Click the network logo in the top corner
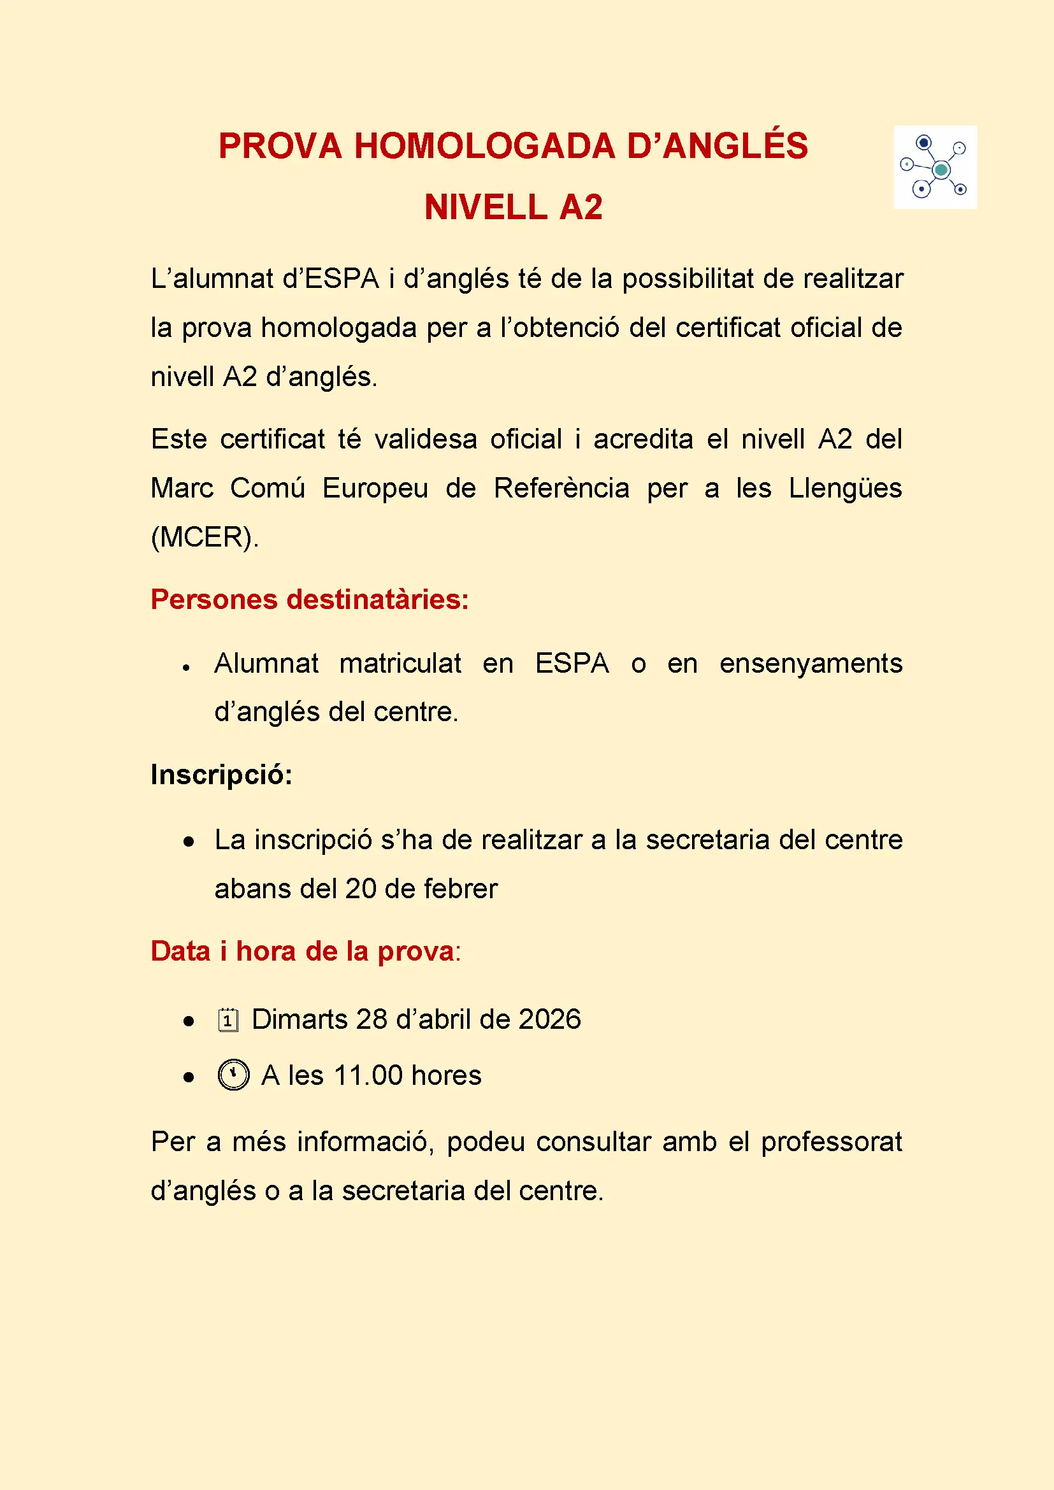[x=935, y=167]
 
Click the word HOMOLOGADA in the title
[x=484, y=146]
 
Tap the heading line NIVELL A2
[x=514, y=208]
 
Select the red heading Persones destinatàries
[x=310, y=599]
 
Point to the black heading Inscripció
[x=221, y=774]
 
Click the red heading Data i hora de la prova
[x=305, y=951]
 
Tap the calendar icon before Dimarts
[x=227, y=1019]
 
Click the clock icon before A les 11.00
[x=234, y=1075]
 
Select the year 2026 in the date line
[x=550, y=1019]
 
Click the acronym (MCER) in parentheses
[x=204, y=538]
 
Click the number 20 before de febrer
[x=361, y=889]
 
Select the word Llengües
[x=845, y=489]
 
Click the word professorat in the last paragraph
[x=832, y=1142]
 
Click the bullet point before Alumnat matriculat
[x=186, y=667]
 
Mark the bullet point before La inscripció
[x=189, y=842]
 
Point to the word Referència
[x=561, y=489]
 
